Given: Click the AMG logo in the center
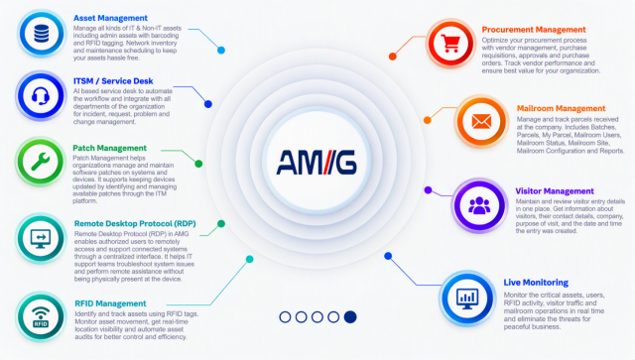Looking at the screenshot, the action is [x=317, y=162].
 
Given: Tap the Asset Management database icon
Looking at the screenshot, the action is [x=42, y=34].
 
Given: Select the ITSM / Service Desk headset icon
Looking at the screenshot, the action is [x=41, y=96].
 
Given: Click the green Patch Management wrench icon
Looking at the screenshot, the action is [x=41, y=162].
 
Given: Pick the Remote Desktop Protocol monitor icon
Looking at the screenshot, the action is [x=41, y=239].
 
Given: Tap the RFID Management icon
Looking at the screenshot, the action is [x=41, y=316].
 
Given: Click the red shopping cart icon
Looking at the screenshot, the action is [x=450, y=43].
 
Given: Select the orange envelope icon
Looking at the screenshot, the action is [x=481, y=121].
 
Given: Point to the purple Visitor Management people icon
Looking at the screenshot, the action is [x=479, y=205].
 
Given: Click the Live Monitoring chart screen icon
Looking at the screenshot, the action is [x=467, y=299].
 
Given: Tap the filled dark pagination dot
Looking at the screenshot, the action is [x=350, y=317].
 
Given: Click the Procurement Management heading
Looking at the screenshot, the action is [x=534, y=30].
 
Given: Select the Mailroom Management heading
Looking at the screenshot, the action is [x=561, y=108].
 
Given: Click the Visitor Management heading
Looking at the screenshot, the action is [x=555, y=191].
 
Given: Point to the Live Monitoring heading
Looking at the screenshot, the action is [x=536, y=283].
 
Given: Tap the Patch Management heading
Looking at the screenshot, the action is [x=109, y=148].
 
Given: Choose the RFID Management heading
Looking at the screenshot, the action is [x=110, y=303].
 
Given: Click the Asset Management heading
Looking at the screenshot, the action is [x=110, y=18].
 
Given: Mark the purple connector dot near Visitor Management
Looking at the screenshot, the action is [x=428, y=190].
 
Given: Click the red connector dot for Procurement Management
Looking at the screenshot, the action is [x=393, y=57].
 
